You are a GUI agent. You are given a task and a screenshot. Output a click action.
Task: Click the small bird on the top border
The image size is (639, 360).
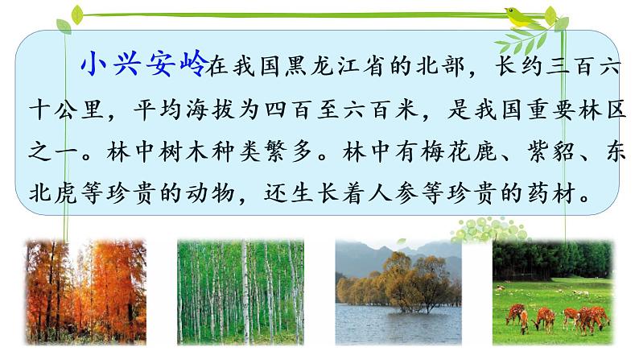[x=513, y=13]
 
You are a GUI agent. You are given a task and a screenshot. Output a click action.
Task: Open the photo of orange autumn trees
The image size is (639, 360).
[x=86, y=287]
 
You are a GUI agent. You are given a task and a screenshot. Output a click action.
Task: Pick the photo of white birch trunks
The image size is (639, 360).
[x=241, y=287]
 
